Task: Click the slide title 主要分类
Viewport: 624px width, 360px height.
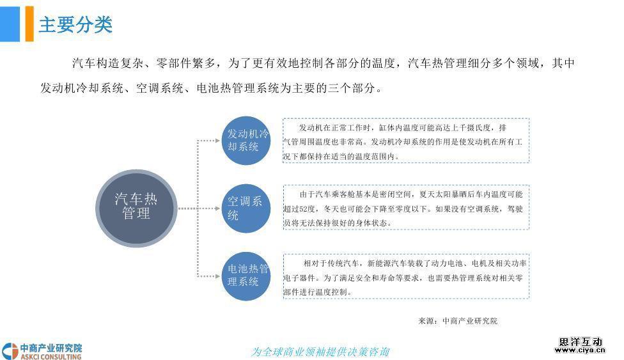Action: pyautogui.click(x=75, y=24)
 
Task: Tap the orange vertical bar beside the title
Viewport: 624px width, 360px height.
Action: pyautogui.click(x=29, y=24)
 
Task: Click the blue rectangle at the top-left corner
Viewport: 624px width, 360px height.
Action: pyautogui.click(x=10, y=24)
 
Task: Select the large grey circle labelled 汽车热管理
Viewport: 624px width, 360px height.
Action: pyautogui.click(x=136, y=208)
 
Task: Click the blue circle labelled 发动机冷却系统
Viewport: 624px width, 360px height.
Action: pyautogui.click(x=246, y=141)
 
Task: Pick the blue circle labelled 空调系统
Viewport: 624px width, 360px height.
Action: pyautogui.click(x=246, y=208)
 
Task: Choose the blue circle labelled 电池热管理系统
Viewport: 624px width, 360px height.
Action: pyautogui.click(x=246, y=276)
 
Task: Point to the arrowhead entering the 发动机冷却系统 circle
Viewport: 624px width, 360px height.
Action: pyautogui.click(x=217, y=141)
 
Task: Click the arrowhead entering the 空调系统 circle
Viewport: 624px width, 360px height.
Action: pyautogui.click(x=217, y=208)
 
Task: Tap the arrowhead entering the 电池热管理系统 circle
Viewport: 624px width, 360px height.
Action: pyautogui.click(x=217, y=276)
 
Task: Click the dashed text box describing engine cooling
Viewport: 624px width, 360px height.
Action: pyautogui.click(x=406, y=141)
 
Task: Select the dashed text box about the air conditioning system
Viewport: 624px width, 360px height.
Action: pyautogui.click(x=406, y=207)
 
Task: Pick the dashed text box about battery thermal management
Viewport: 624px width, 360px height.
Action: pyautogui.click(x=406, y=276)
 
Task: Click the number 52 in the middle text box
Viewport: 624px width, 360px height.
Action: pyautogui.click(x=304, y=209)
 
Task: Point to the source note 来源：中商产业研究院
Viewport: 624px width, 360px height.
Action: pyautogui.click(x=458, y=321)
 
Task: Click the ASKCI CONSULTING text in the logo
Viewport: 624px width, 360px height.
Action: pyautogui.click(x=51, y=356)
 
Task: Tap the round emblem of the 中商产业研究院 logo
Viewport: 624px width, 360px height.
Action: pyautogui.click(x=10, y=351)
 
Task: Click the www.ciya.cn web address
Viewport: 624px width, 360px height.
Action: pyautogui.click(x=580, y=350)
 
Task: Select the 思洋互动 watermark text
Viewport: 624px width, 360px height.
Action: pyautogui.click(x=581, y=341)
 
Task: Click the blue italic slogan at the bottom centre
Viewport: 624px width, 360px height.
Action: pyautogui.click(x=320, y=352)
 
